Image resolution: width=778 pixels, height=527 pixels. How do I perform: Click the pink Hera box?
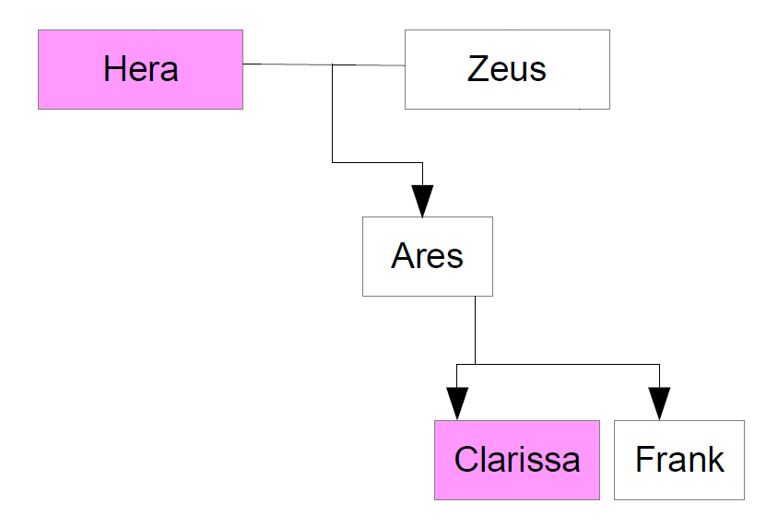(140, 69)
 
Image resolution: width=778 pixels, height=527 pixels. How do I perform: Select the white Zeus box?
(507, 69)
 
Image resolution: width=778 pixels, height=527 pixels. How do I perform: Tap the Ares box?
(427, 256)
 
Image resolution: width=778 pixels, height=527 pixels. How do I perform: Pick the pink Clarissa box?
(516, 460)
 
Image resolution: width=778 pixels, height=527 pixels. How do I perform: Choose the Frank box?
(679, 460)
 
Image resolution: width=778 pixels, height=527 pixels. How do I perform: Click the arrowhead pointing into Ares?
(422, 201)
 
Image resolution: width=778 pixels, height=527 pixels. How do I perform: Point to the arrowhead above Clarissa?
(457, 404)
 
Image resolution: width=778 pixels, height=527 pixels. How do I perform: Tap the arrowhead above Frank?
(659, 404)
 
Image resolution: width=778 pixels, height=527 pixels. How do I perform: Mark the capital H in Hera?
(114, 69)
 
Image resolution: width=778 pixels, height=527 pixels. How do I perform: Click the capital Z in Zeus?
(477, 69)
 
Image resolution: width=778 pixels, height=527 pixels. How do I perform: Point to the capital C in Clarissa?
(466, 460)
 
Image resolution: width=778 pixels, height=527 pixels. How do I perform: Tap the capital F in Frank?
(644, 460)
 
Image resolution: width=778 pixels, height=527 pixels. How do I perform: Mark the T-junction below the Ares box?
(475, 365)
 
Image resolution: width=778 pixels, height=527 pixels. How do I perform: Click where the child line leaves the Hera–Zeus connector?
(333, 65)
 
